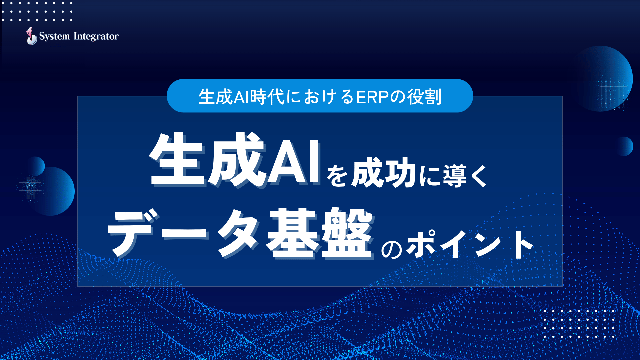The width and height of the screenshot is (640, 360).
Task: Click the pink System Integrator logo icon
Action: point(31,36)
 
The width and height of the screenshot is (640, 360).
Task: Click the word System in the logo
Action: point(54,36)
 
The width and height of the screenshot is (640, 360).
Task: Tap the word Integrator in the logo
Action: point(96,36)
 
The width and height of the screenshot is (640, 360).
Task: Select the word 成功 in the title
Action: point(383,174)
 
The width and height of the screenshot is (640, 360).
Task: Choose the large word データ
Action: point(183,234)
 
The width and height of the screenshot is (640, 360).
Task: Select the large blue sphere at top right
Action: point(603,78)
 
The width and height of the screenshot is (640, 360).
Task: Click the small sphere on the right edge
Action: point(624,146)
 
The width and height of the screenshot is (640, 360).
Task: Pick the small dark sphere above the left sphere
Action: point(35,166)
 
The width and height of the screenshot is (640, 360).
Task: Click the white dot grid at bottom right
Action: point(579,324)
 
